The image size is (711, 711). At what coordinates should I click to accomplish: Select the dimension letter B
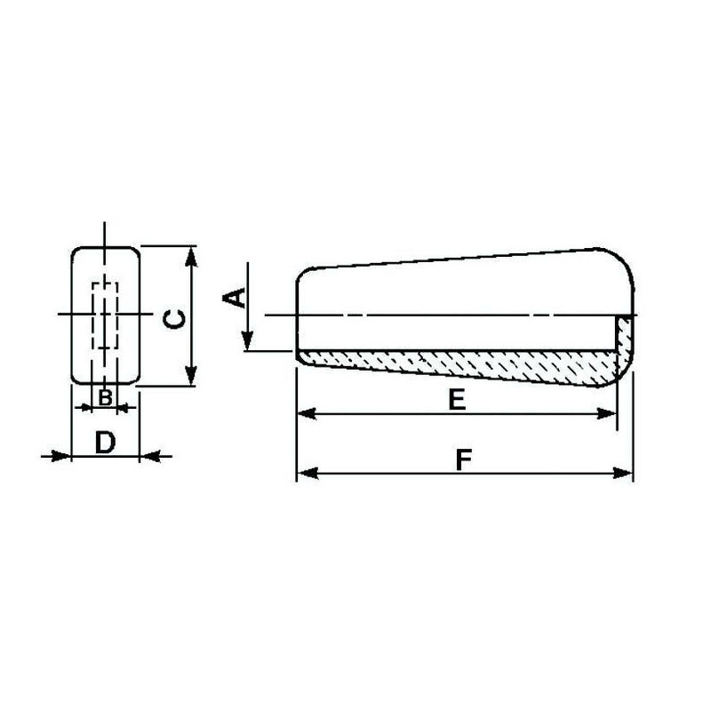click(x=105, y=397)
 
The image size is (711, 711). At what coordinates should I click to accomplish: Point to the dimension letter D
click(x=105, y=442)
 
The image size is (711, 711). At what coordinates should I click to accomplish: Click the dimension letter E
click(x=457, y=400)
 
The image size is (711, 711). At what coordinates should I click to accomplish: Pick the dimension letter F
click(x=462, y=459)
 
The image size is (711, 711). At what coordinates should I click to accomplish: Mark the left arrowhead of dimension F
click(x=304, y=473)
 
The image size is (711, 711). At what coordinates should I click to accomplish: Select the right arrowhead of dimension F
click(x=624, y=473)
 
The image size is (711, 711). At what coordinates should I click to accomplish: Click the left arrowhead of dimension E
click(x=304, y=413)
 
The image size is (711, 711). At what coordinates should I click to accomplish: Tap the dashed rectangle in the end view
click(x=105, y=316)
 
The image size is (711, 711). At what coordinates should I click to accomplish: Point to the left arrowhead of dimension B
click(x=85, y=407)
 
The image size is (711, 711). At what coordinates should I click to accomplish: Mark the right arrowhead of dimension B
click(x=124, y=407)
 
